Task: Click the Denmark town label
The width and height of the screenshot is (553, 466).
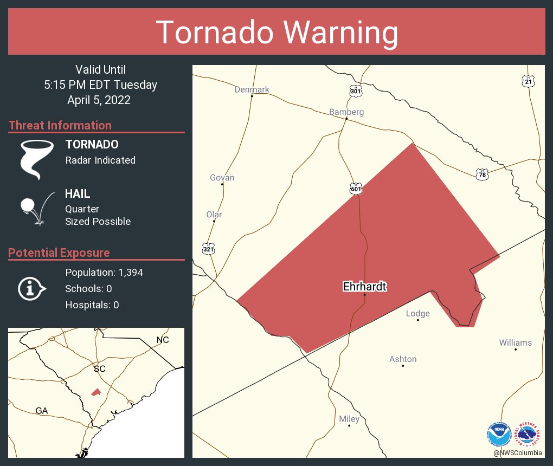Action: point(252,89)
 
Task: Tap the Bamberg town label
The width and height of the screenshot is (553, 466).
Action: point(346,112)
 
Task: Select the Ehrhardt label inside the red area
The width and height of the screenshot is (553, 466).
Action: point(364,287)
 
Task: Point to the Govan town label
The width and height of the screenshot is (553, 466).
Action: point(222,178)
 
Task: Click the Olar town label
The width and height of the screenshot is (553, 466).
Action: point(214,215)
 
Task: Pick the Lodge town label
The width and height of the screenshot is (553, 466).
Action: point(417,314)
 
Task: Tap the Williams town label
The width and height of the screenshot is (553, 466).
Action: point(515,343)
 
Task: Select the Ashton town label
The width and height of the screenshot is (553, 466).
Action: point(403,359)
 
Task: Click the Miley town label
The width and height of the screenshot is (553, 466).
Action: point(349,419)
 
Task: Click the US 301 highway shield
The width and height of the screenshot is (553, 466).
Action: point(356,91)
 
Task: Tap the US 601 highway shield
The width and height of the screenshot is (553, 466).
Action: point(356,189)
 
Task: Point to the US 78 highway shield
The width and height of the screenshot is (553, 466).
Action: point(483,174)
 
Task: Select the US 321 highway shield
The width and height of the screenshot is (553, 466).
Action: point(208,249)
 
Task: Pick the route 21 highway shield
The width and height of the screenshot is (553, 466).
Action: point(529,81)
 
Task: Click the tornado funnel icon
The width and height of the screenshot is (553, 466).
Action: point(36,159)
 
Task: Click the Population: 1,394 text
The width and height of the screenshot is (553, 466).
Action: point(104,273)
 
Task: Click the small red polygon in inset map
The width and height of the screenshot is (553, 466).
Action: point(95,391)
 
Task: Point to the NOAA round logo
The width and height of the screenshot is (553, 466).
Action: point(499,433)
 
